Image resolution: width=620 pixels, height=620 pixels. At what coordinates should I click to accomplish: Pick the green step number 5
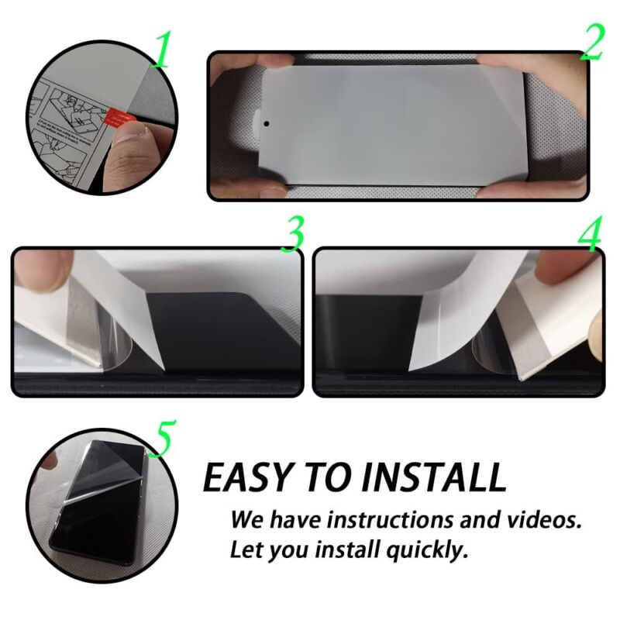click(164, 439)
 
